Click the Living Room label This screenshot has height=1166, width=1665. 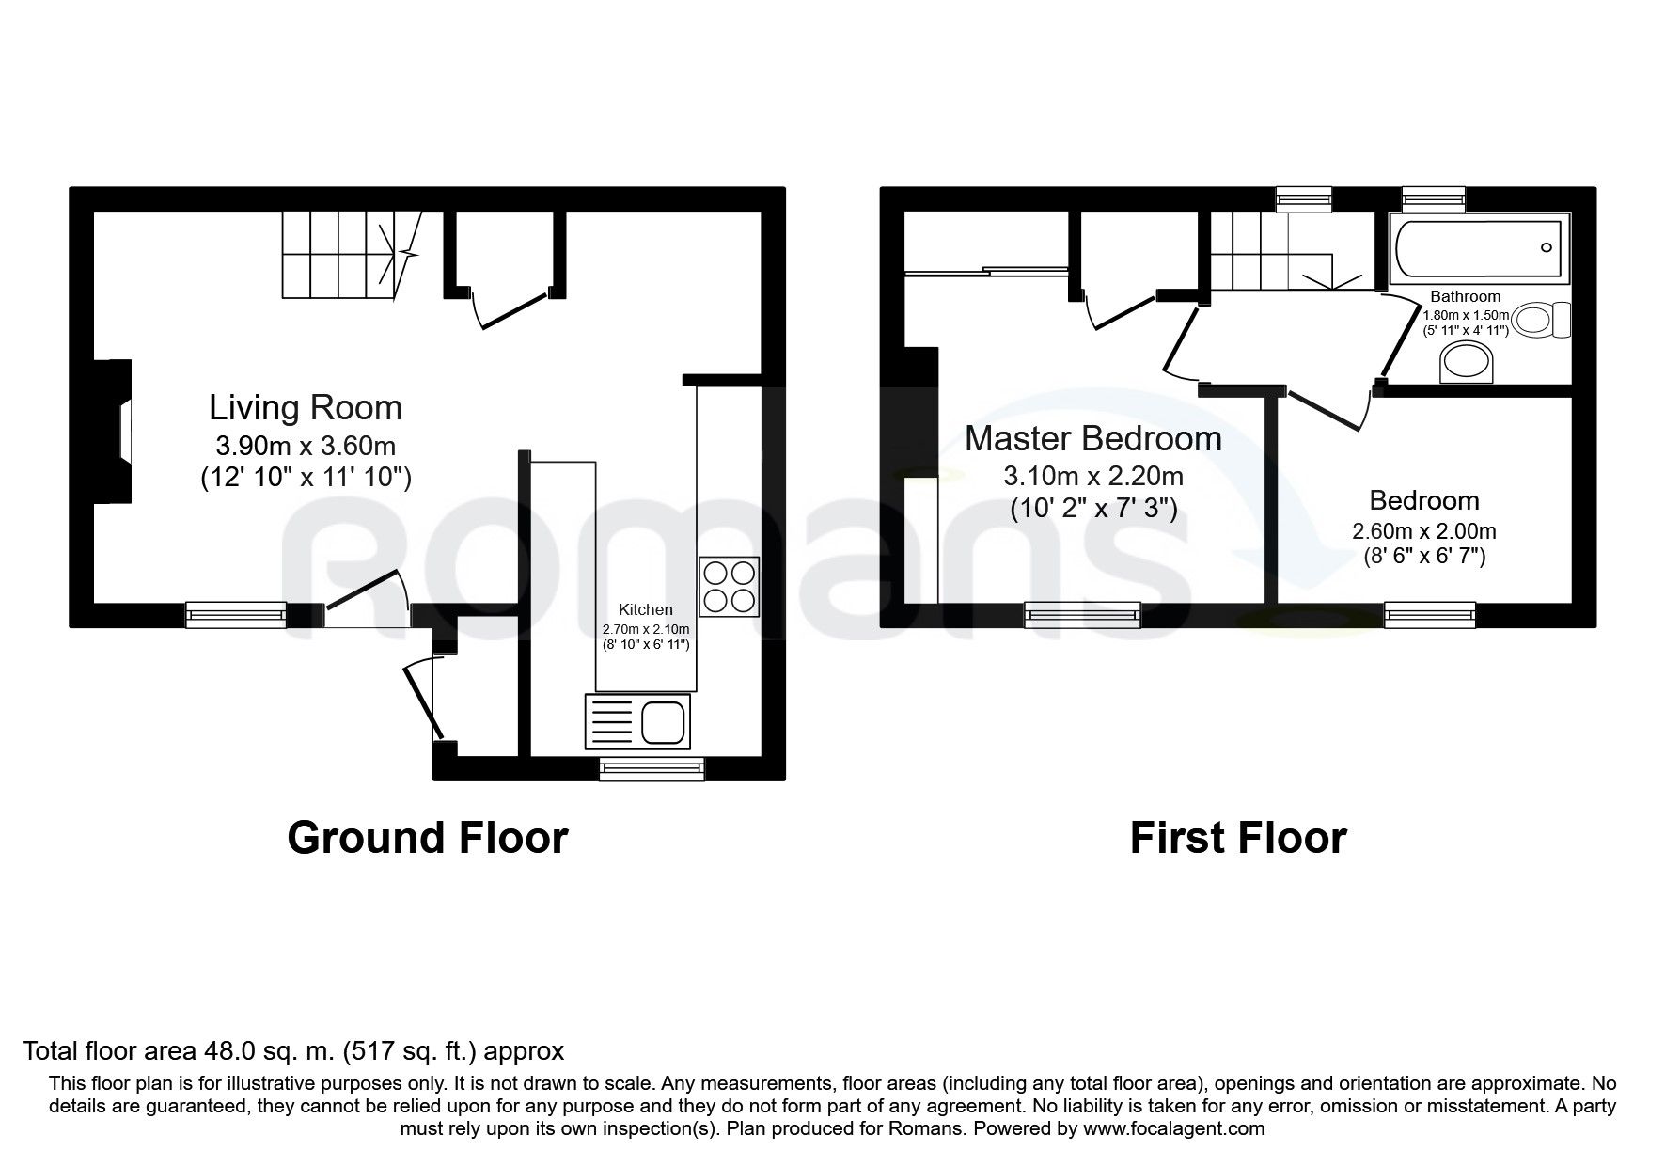point(306,408)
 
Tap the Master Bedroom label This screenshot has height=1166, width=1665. point(1093,439)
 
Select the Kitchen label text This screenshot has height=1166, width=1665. point(645,610)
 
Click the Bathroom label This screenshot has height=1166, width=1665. point(1465,297)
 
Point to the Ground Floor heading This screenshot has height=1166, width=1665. point(428,838)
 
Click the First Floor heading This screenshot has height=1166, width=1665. point(1238,838)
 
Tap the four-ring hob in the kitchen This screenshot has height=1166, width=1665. point(729,587)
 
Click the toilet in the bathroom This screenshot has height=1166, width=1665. point(1543,321)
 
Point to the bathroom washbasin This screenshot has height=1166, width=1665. point(1467,362)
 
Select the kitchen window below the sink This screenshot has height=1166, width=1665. point(652,768)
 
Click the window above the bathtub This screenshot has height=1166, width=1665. point(1434,198)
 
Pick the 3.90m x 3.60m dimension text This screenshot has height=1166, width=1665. point(306,446)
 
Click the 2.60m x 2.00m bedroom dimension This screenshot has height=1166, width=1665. point(1424,531)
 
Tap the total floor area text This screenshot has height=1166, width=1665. point(293,1050)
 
